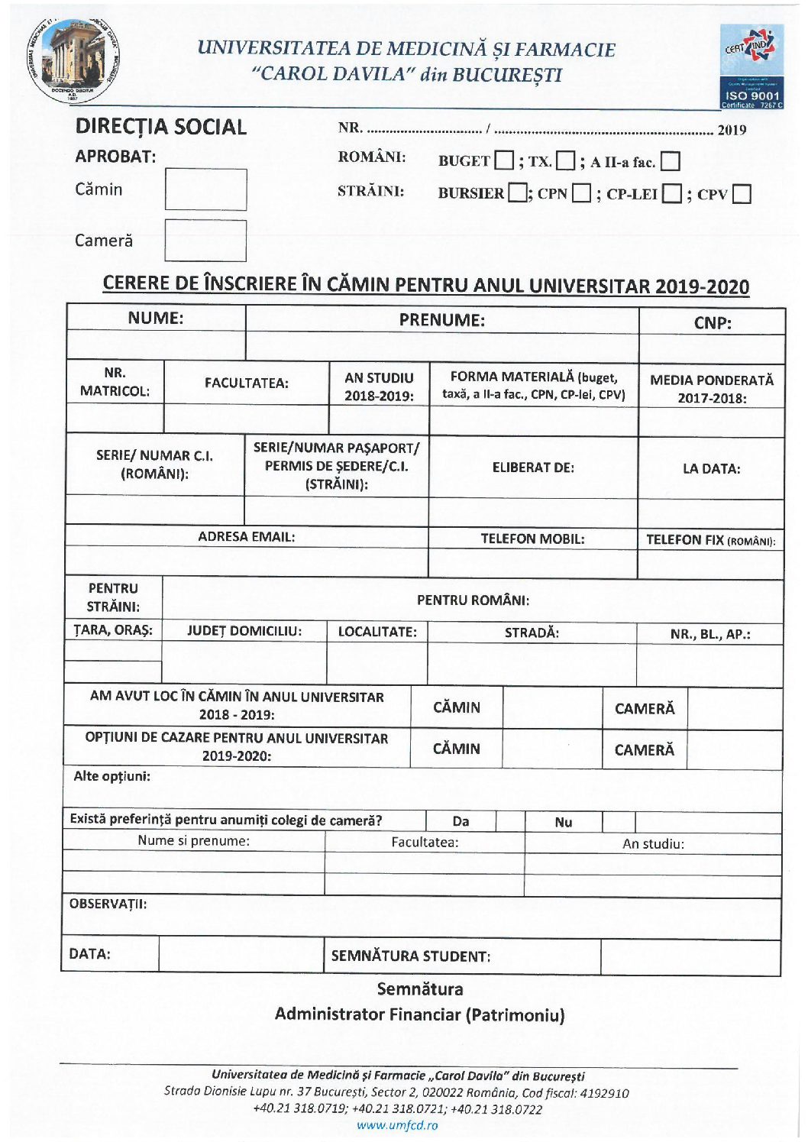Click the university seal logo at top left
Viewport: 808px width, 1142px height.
coord(74,60)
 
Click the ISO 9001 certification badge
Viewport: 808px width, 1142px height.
coord(751,66)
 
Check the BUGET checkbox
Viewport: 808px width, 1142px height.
coord(504,160)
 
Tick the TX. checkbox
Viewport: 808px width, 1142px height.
coord(565,160)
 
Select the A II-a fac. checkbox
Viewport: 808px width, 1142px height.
coord(671,161)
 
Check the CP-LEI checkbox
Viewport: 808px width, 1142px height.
coord(672,193)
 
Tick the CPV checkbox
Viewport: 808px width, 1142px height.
coord(742,194)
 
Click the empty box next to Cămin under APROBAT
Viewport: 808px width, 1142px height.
coord(205,189)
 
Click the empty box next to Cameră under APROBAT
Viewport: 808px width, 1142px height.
coord(205,241)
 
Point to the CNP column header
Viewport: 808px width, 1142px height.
coord(712,322)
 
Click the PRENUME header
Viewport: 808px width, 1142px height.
coord(441,320)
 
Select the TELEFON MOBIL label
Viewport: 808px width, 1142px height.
coord(532,539)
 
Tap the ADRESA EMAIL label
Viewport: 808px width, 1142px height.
coord(246,536)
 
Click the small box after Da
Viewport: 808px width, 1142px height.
coord(509,822)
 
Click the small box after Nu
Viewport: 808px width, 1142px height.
coord(619,822)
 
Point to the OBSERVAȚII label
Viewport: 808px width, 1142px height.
coord(108,904)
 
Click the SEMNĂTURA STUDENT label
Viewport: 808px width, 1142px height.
coord(410,956)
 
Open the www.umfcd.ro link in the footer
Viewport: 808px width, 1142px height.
coord(397,1125)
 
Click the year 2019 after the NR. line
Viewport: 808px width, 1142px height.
coord(732,130)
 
